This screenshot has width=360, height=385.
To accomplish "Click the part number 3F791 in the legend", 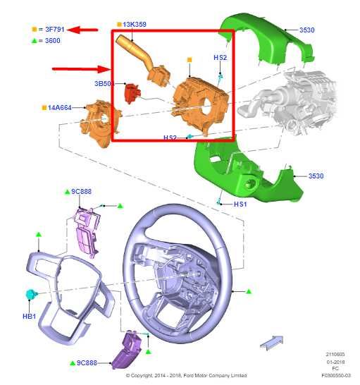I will pyautogui.click(x=55, y=30).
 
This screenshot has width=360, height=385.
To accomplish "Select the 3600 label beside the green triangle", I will pyautogui.click(x=52, y=42).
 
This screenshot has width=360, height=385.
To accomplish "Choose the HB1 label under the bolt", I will pyautogui.click(x=29, y=317).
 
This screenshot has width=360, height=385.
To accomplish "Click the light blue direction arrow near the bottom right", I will pyautogui.click(x=272, y=343).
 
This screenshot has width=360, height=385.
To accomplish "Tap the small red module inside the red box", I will pyautogui.click(x=131, y=92).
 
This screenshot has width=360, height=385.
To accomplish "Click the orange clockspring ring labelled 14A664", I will pyautogui.click(x=96, y=120).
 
